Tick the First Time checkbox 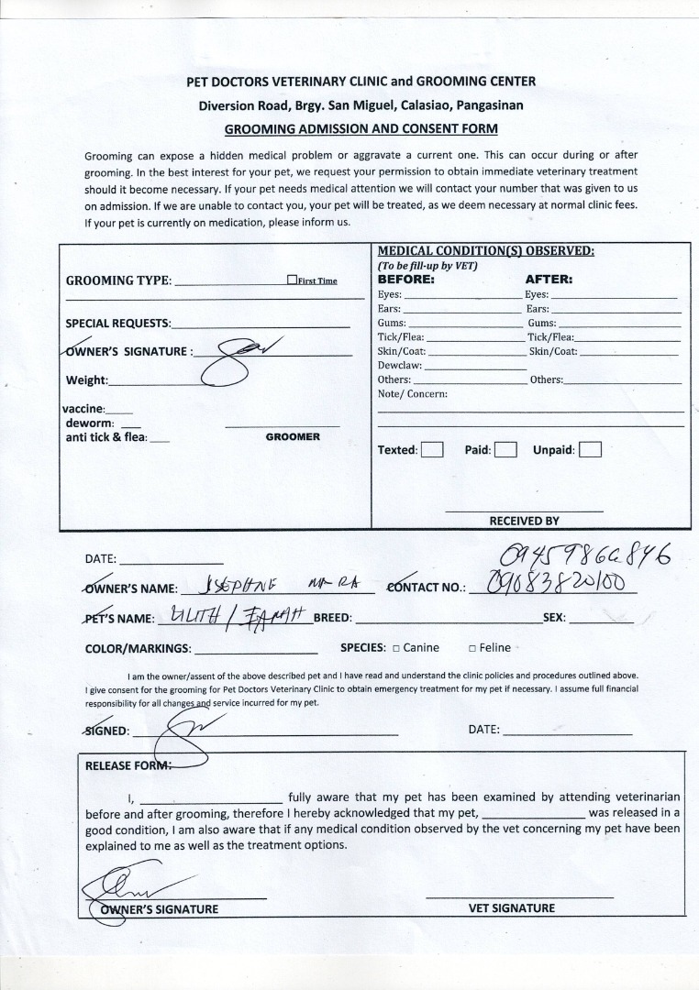292,280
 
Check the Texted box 432,450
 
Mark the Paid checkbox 506,450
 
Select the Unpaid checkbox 591,450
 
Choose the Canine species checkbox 396,648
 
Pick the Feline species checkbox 472,648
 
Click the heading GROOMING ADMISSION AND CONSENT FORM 361,129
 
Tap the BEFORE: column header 405,279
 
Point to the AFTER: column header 549,279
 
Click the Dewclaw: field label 400,365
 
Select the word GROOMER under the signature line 293,437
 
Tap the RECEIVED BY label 524,521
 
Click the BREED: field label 333,618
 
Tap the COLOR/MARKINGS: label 139,649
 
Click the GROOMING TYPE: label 118,280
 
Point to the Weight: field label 86,380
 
